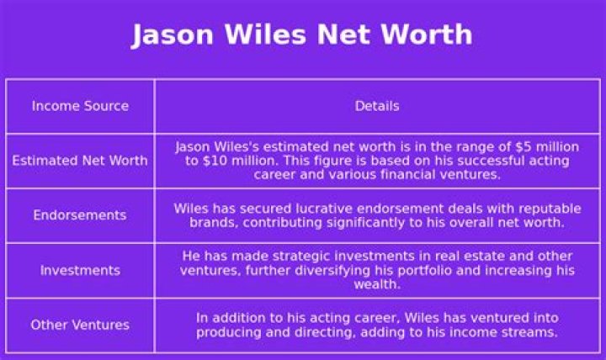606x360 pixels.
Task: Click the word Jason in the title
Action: tap(173, 35)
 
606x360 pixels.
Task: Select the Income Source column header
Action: tap(81, 106)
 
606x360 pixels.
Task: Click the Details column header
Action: tap(377, 106)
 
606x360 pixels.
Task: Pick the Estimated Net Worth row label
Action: tap(80, 161)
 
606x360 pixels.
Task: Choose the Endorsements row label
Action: tap(80, 214)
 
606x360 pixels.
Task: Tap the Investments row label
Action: tap(81, 270)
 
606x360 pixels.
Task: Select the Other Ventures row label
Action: tap(80, 325)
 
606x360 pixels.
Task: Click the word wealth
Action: tap(377, 284)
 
